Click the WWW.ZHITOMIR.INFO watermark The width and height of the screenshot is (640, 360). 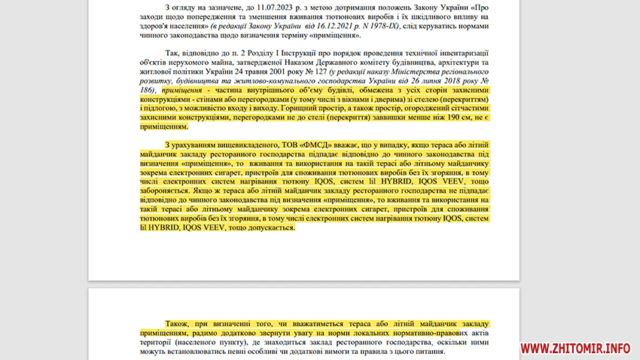[x=575, y=348]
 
